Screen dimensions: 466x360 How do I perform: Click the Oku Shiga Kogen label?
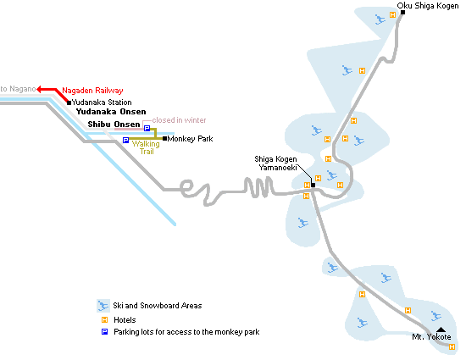point(428,6)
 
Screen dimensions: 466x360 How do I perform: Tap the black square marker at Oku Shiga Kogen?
point(402,12)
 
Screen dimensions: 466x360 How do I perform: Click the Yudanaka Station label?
point(102,102)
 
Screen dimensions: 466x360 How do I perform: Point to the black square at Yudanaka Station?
point(69,102)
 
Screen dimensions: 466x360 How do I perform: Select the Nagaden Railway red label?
point(92,91)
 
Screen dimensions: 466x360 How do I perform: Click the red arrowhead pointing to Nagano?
point(40,89)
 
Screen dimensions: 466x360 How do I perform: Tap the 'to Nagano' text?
point(18,89)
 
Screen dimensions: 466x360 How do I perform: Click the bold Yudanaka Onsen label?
point(111,112)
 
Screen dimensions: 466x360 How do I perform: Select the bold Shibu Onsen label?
point(114,125)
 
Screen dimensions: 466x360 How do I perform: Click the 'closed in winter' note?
point(179,120)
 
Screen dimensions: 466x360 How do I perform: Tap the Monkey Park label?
point(190,139)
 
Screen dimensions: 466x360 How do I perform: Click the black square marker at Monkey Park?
point(164,138)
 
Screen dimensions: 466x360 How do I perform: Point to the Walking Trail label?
point(146,147)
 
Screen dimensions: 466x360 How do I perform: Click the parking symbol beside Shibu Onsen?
point(147,128)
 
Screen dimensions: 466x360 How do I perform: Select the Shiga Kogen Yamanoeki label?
point(276,163)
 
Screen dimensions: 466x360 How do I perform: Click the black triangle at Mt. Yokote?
point(441,330)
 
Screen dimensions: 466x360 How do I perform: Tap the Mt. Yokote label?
point(431,337)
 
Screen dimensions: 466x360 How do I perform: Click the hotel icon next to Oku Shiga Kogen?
point(392,15)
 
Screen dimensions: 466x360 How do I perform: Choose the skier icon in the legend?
point(103,306)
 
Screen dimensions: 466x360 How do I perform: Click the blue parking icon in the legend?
point(104,331)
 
